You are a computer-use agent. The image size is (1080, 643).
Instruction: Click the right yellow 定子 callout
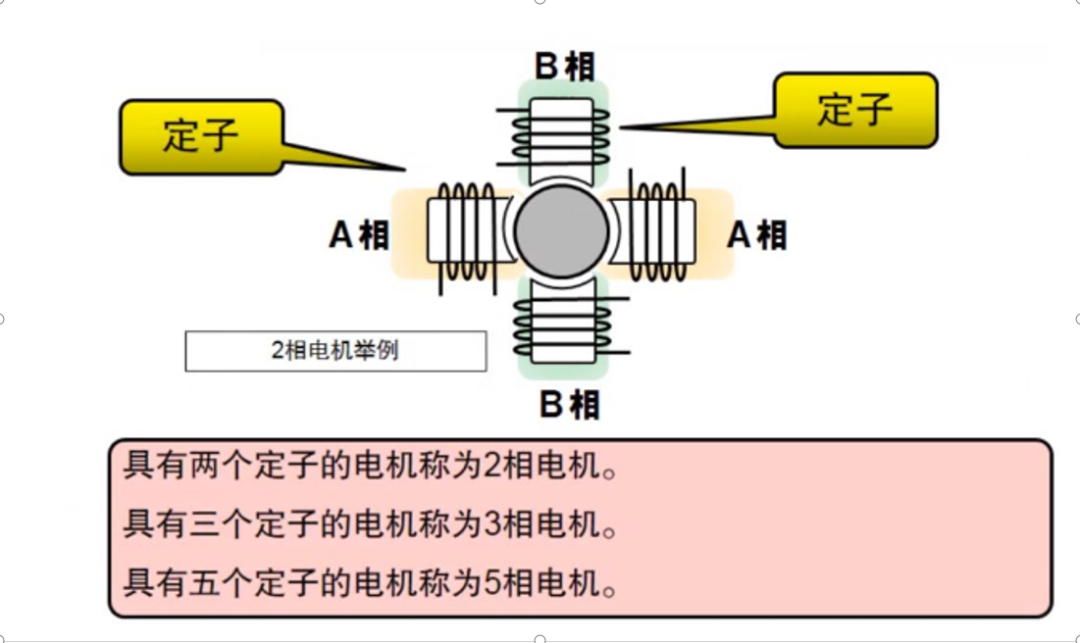[855, 109]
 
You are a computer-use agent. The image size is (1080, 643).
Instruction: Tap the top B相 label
[564, 67]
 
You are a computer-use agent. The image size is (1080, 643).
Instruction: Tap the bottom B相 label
[569, 405]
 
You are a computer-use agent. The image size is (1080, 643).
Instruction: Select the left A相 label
[359, 235]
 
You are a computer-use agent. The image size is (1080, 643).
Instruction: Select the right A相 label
[756, 235]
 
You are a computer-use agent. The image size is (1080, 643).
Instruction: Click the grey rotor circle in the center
[561, 231]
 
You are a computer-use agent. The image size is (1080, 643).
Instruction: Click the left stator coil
[462, 231]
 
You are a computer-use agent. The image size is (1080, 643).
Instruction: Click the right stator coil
[658, 231]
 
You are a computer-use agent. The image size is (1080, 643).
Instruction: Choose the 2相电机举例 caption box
[335, 351]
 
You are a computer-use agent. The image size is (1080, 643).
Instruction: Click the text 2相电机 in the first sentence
[540, 467]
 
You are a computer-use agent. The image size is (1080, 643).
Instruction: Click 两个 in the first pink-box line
[221, 467]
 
